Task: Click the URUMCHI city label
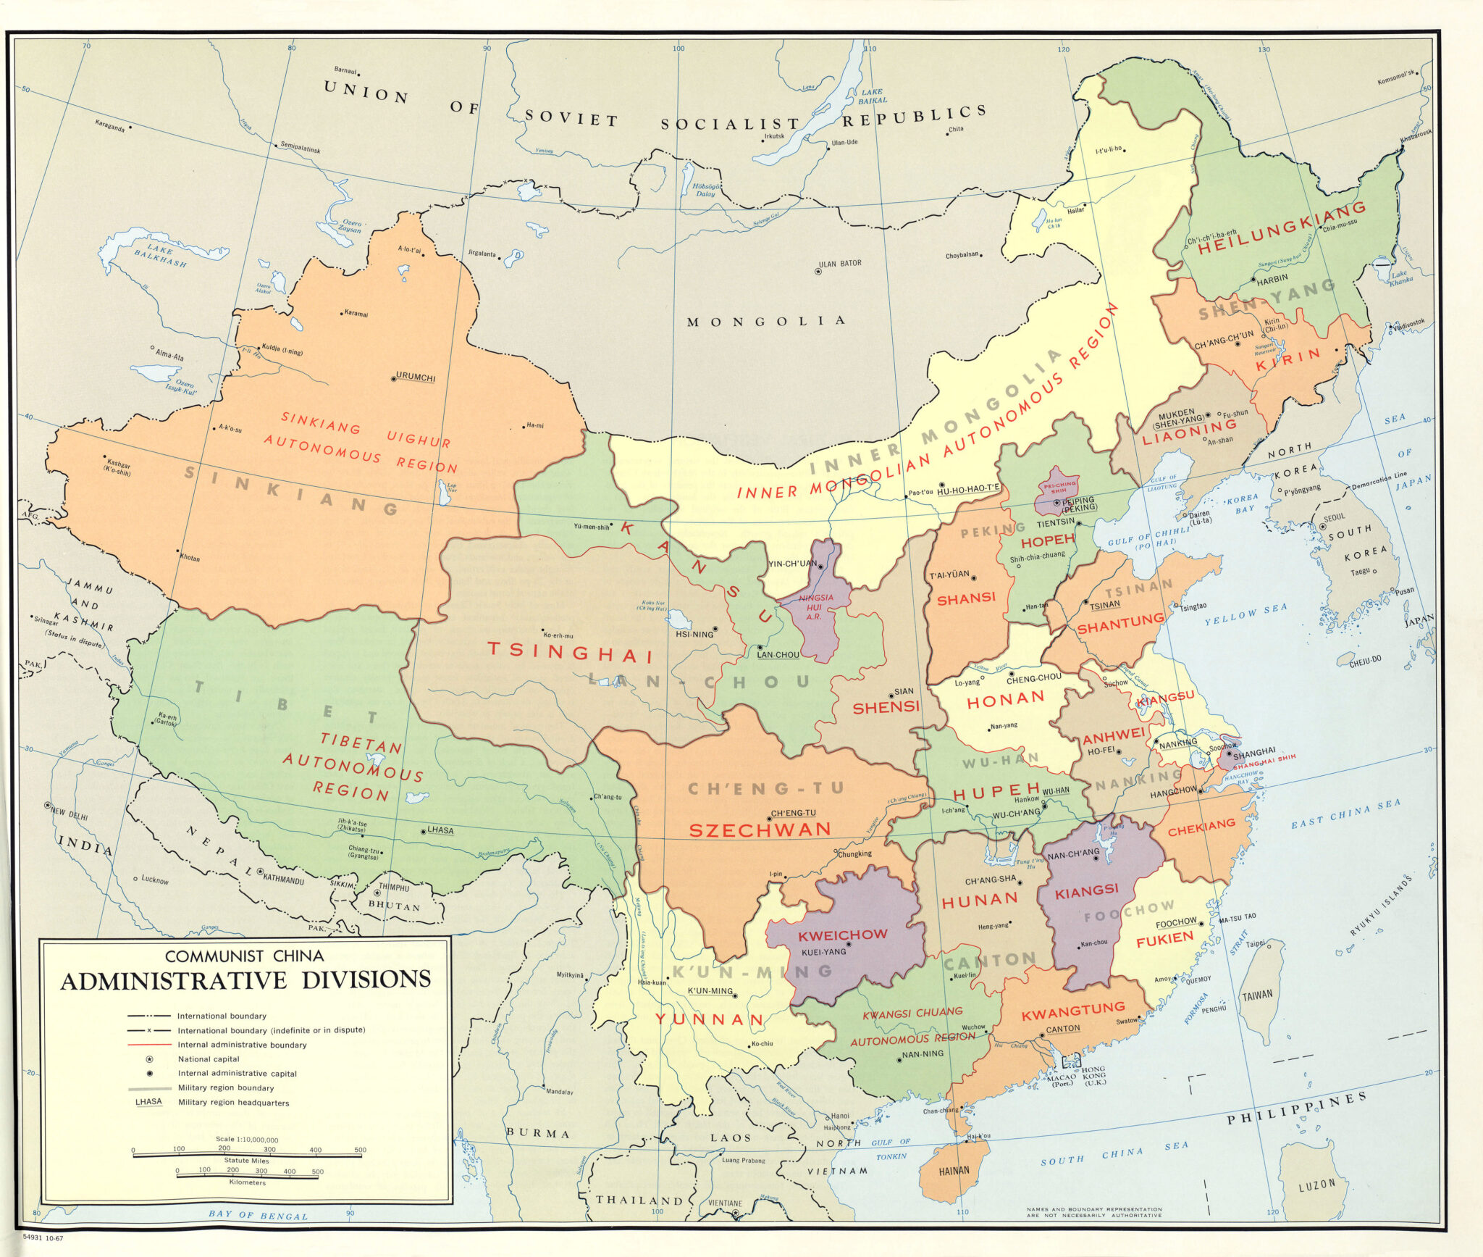pos(416,377)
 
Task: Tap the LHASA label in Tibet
pos(440,830)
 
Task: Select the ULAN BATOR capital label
pos(840,264)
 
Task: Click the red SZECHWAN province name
pos(760,830)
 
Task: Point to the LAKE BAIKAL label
pos(872,96)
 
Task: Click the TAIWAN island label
pos(1257,995)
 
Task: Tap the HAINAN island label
pos(954,1170)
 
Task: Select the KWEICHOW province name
pos(842,935)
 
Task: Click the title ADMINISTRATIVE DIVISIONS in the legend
pos(245,980)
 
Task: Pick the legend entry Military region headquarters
pos(233,1103)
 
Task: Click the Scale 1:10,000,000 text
pos(247,1140)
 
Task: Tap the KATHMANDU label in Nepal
pos(283,880)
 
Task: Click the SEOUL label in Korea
pos(1334,517)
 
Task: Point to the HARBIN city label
pos(1272,278)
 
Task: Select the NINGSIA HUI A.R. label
pos(815,607)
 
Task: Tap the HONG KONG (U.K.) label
pos(1093,1076)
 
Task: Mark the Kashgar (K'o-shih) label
pos(119,467)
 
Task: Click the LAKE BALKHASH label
pos(160,255)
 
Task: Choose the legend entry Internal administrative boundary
pos(242,1045)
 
